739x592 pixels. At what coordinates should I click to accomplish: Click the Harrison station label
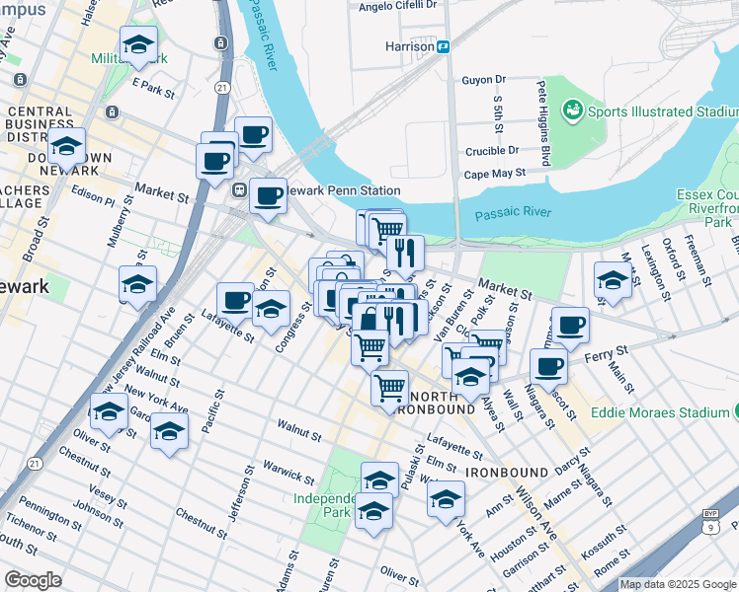coord(409,46)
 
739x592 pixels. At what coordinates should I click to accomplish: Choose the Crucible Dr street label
coord(491,151)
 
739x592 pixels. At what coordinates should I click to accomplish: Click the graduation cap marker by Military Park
coord(138,44)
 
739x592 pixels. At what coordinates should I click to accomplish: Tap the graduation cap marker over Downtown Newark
coord(66,147)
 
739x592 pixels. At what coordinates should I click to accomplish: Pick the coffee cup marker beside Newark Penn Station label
coord(268,195)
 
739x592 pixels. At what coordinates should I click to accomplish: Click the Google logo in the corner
coord(33,580)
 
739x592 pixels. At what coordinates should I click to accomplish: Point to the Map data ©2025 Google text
coord(678,584)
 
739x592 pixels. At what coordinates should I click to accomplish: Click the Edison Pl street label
coord(94,200)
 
